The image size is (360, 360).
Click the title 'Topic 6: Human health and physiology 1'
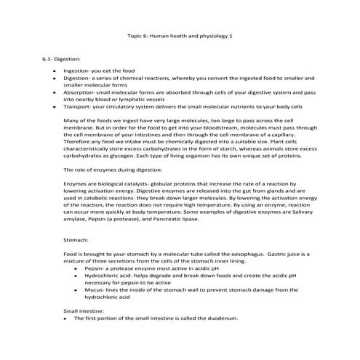(180, 34)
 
